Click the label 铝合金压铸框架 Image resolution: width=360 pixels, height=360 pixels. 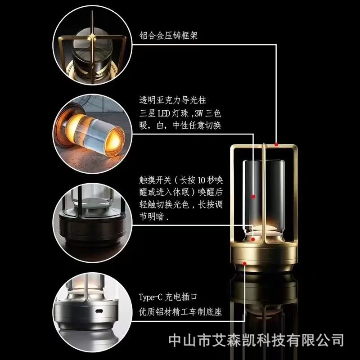click(x=168, y=36)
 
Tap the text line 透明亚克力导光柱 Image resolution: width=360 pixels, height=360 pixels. click(x=173, y=100)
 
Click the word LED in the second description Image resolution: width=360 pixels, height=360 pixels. click(x=164, y=113)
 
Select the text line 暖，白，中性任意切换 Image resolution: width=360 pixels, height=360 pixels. click(x=180, y=126)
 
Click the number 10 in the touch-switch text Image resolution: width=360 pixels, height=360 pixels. click(x=201, y=180)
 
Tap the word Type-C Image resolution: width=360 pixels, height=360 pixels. click(x=150, y=297)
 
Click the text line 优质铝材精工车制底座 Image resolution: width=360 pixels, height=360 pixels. click(x=180, y=312)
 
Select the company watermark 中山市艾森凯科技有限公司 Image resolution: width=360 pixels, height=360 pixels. click(x=256, y=340)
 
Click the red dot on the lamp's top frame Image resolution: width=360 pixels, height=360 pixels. click(x=276, y=144)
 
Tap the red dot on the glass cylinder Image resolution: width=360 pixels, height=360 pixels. click(x=253, y=197)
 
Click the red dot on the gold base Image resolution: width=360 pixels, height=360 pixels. click(x=244, y=264)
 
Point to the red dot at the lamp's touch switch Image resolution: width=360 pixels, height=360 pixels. click(x=253, y=239)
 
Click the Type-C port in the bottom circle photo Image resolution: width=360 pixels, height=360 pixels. click(x=99, y=311)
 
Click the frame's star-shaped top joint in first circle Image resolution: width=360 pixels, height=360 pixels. click(x=92, y=37)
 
